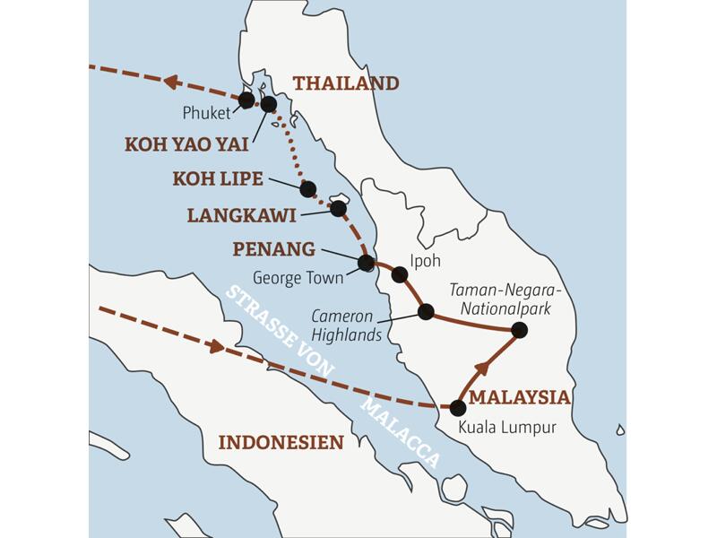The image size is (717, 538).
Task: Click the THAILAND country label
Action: coord(345,83)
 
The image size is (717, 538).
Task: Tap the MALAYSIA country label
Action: coord(520,397)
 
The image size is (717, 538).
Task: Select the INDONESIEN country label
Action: coord(281,442)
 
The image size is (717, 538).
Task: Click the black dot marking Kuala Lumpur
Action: coord(458,407)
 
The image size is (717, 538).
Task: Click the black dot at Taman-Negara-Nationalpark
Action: coord(518,331)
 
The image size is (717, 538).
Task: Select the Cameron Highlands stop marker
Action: coord(426,312)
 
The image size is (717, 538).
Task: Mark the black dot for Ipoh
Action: coord(400,274)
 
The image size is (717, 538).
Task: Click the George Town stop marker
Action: coord(366,263)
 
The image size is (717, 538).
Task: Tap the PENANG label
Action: coord(273,248)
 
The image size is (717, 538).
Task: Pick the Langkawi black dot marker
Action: coord(338,208)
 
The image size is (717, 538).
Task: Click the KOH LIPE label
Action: coord(218,179)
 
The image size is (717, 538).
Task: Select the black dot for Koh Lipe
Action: coord(308,189)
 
